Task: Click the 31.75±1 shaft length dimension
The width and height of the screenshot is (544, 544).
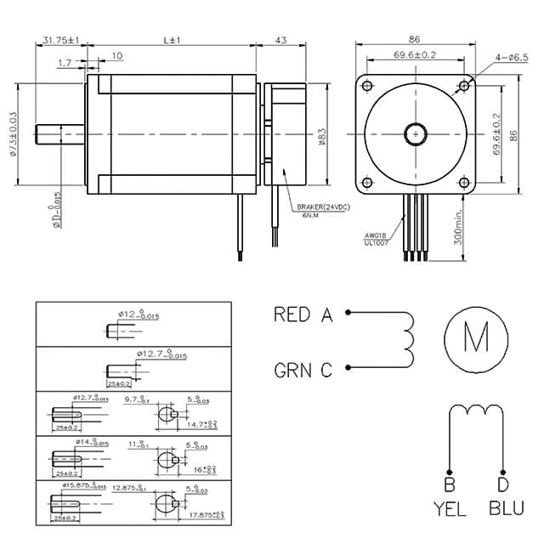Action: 59,40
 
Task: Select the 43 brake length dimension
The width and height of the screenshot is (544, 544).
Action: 280,40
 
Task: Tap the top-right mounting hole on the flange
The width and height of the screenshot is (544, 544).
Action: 463,86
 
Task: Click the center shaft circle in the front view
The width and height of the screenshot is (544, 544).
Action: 415,134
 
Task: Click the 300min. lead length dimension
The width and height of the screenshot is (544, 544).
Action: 458,228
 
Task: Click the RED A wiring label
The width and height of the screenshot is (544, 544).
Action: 303,314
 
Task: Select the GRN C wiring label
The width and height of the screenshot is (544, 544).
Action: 303,370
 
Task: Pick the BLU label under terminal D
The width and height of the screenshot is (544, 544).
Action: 507,511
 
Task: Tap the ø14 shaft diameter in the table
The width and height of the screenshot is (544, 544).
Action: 79,443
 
